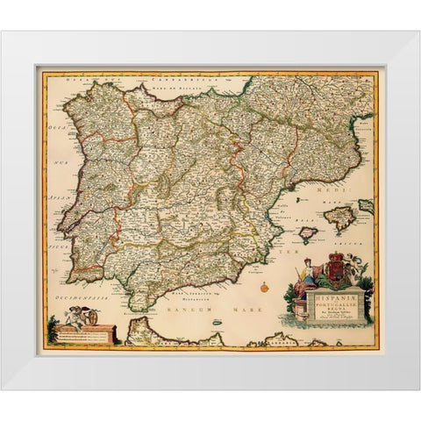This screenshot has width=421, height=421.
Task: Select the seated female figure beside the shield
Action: pos(306,277)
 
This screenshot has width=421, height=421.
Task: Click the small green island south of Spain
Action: pos(216,323)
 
